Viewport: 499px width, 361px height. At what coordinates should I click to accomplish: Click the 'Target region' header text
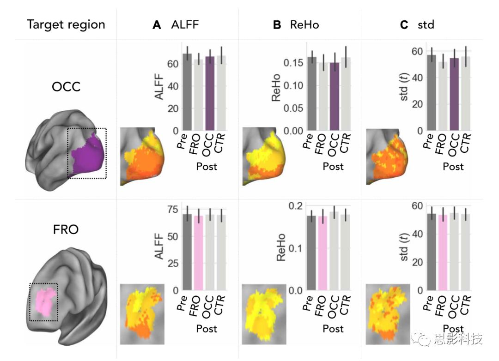[x=66, y=24]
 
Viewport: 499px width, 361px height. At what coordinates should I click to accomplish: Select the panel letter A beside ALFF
[x=157, y=25]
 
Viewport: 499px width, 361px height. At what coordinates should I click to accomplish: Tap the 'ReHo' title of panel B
[x=304, y=25]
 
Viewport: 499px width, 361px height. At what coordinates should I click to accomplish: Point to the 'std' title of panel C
[x=426, y=25]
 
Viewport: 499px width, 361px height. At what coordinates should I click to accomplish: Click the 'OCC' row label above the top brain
[x=66, y=86]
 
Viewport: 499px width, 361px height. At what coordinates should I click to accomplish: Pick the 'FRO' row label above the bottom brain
[x=66, y=229]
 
